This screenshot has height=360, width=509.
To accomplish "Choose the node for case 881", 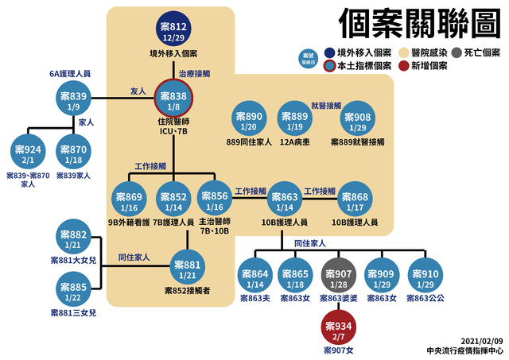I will click(x=188, y=268).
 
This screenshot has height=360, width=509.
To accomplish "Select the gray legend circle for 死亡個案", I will click(x=457, y=52).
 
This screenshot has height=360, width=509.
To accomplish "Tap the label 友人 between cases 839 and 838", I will click(x=138, y=91).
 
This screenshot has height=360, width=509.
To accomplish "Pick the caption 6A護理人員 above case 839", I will click(x=70, y=73).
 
